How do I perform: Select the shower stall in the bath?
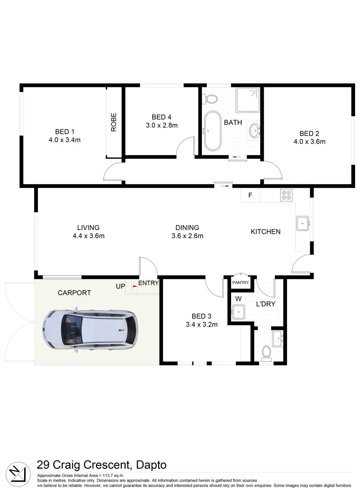[247, 100]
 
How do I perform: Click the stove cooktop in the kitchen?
[287, 195]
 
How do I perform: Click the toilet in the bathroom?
[211, 98]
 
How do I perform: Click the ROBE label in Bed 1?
[114, 122]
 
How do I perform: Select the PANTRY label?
[241, 283]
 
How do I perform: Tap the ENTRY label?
[149, 283]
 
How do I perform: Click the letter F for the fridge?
[250, 195]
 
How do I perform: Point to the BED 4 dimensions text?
[161, 125]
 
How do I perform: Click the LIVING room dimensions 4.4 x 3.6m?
[88, 236]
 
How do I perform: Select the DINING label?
[187, 228]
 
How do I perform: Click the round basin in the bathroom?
[254, 131]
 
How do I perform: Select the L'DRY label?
[265, 304]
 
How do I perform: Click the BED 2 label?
[309, 133]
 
